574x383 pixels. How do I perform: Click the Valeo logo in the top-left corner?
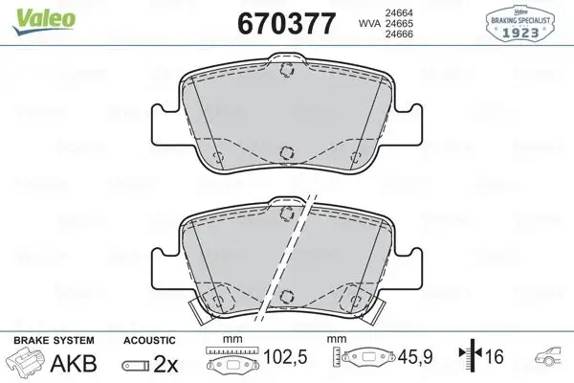(x=30, y=11)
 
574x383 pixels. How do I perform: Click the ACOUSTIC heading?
(x=148, y=341)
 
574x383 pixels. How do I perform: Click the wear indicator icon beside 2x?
(x=135, y=365)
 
